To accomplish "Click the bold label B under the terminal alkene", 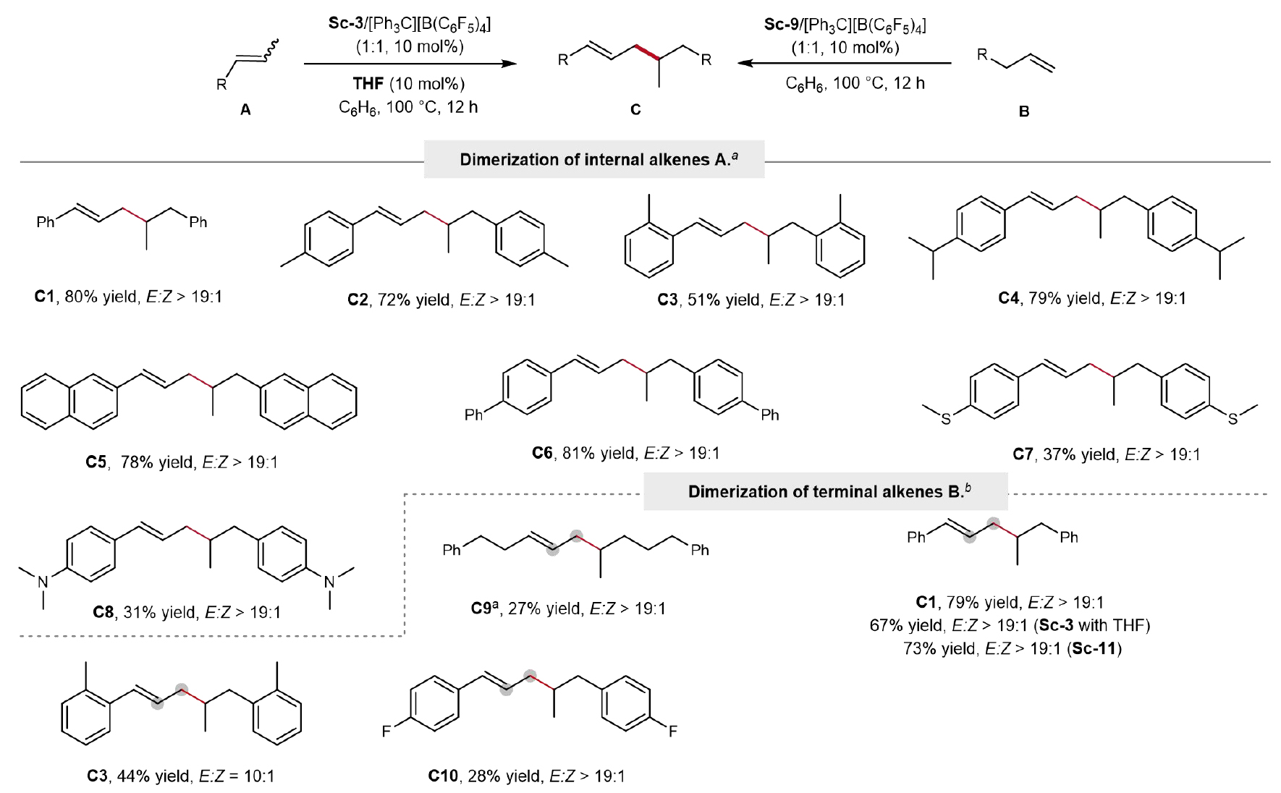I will (x=1023, y=112).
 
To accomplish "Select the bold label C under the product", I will (x=635, y=110).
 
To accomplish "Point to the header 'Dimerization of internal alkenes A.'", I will (x=593, y=159).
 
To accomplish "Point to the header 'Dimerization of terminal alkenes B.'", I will (x=814, y=492).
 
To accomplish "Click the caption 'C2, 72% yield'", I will (x=441, y=300).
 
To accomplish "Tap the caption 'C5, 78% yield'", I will (x=181, y=462).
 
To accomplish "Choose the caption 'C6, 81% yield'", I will (x=625, y=454).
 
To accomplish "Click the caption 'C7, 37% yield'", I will (x=1106, y=454).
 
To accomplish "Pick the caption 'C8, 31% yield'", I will (x=186, y=612).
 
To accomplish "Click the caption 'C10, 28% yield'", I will (x=526, y=776).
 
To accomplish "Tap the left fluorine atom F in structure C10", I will (x=386, y=731).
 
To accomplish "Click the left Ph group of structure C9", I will (x=452, y=551).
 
